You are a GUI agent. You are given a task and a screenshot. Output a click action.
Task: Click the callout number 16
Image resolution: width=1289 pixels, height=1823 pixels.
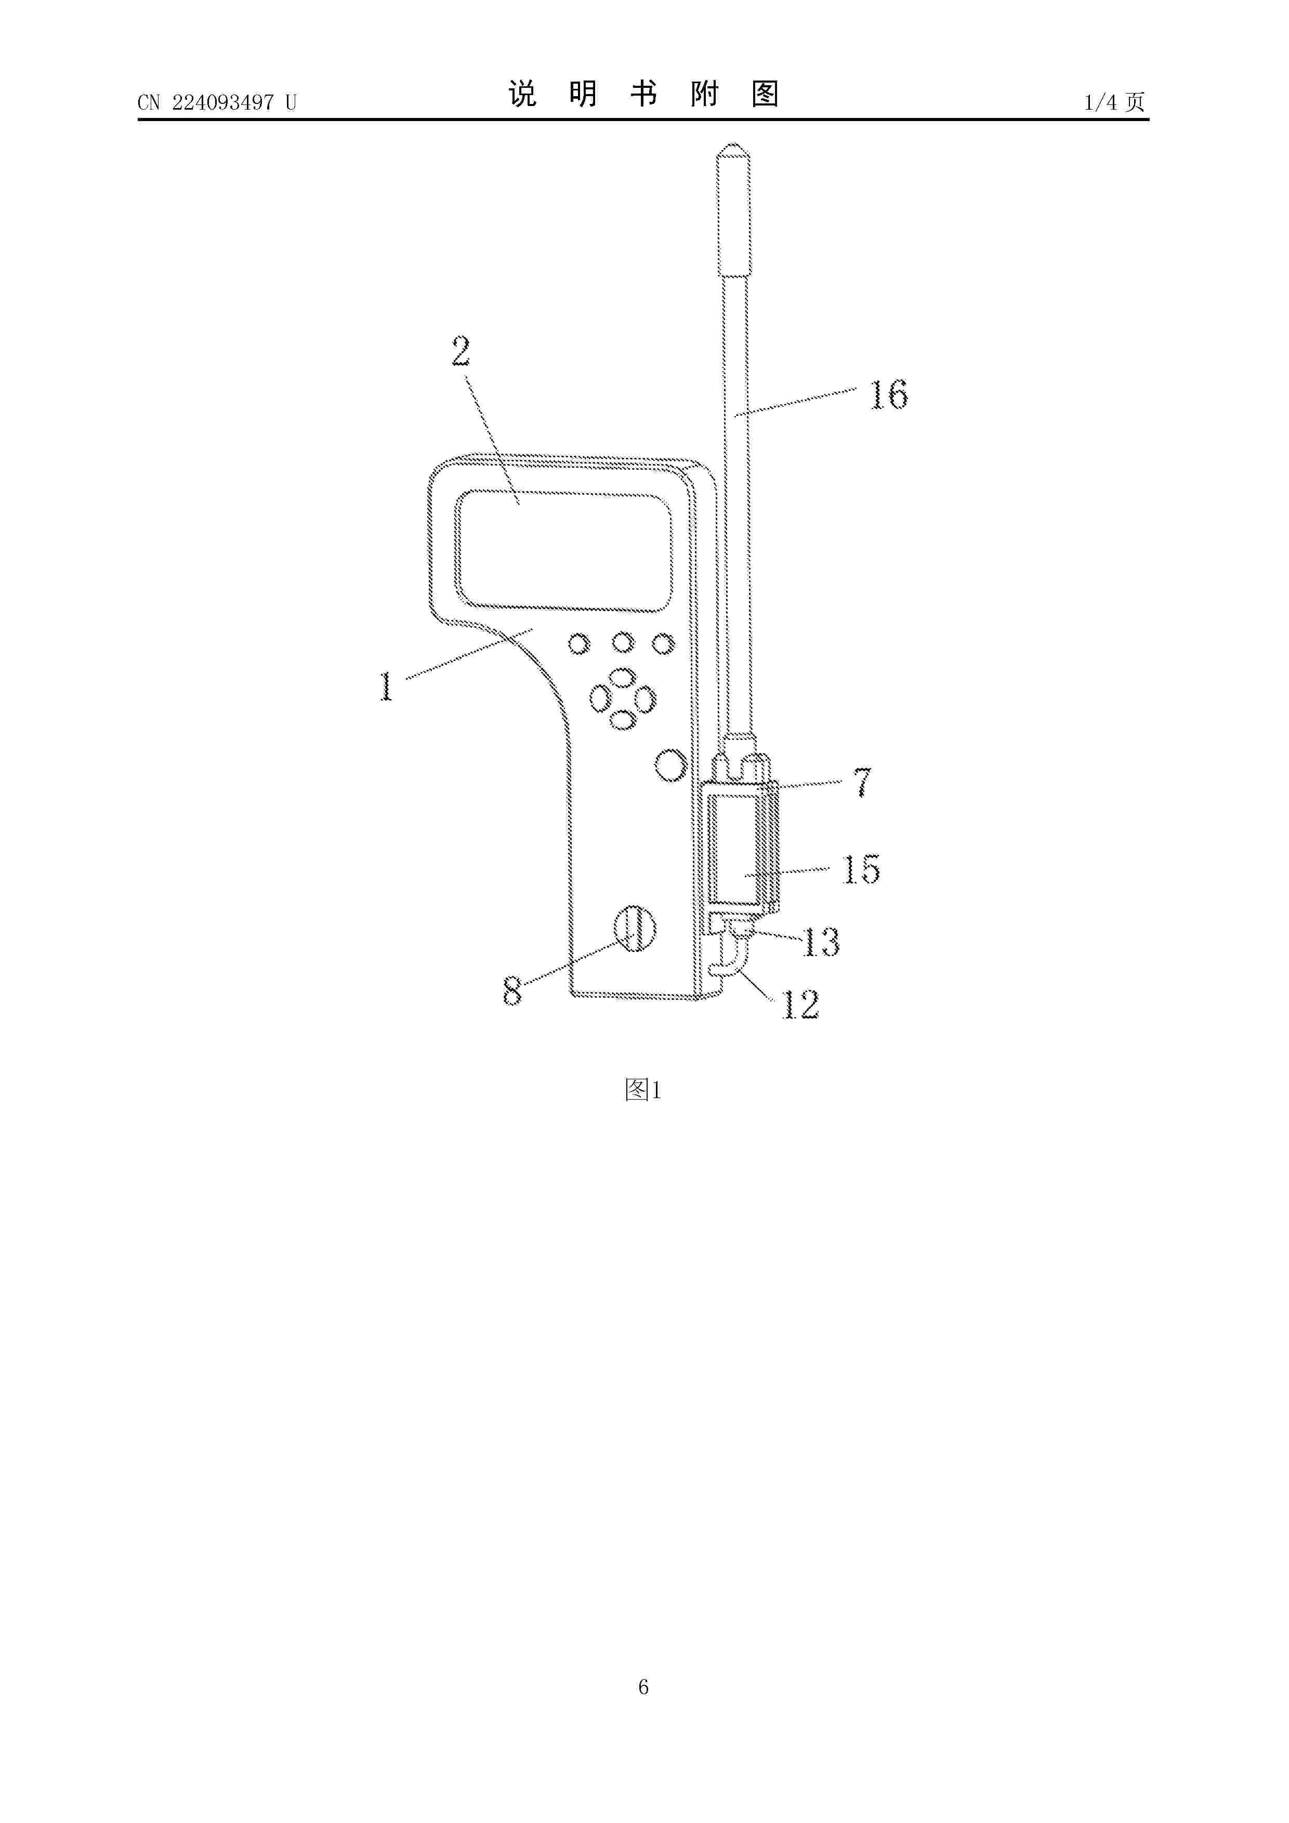click(889, 394)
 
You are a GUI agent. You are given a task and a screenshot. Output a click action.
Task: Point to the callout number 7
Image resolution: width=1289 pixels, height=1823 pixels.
click(862, 782)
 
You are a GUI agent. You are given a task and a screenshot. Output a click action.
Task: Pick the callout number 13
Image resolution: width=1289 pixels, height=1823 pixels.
click(821, 943)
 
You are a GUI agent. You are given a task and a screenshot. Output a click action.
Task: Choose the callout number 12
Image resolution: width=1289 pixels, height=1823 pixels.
click(800, 1005)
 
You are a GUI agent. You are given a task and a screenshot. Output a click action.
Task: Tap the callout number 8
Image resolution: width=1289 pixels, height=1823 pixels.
click(513, 991)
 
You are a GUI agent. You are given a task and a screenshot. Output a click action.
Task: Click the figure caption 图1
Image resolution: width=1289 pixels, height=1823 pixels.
click(643, 1090)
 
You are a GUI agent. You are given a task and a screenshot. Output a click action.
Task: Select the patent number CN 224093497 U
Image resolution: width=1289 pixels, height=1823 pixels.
click(217, 102)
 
